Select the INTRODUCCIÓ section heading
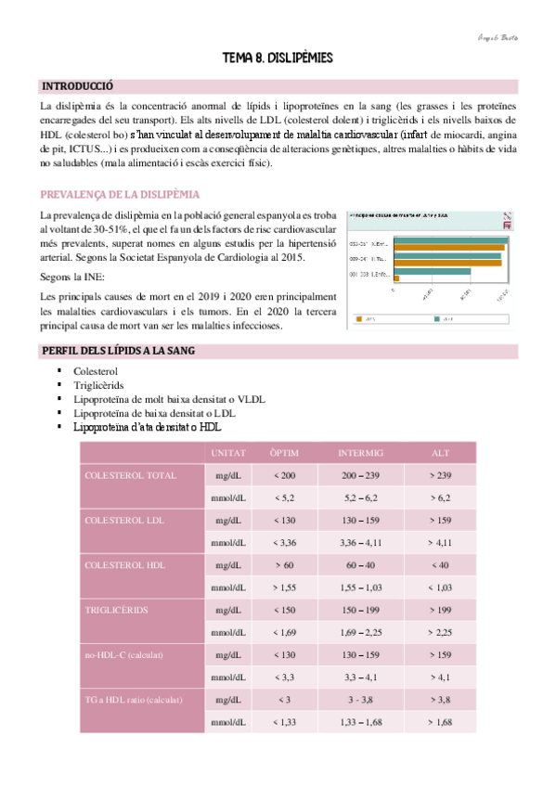click(x=77, y=86)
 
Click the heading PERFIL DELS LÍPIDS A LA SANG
click(x=117, y=351)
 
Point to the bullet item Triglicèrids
click(x=100, y=385)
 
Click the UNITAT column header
click(x=228, y=453)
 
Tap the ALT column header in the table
click(x=440, y=453)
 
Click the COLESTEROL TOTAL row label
click(x=130, y=475)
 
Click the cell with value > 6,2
click(x=440, y=498)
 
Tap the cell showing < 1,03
click(x=440, y=587)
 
